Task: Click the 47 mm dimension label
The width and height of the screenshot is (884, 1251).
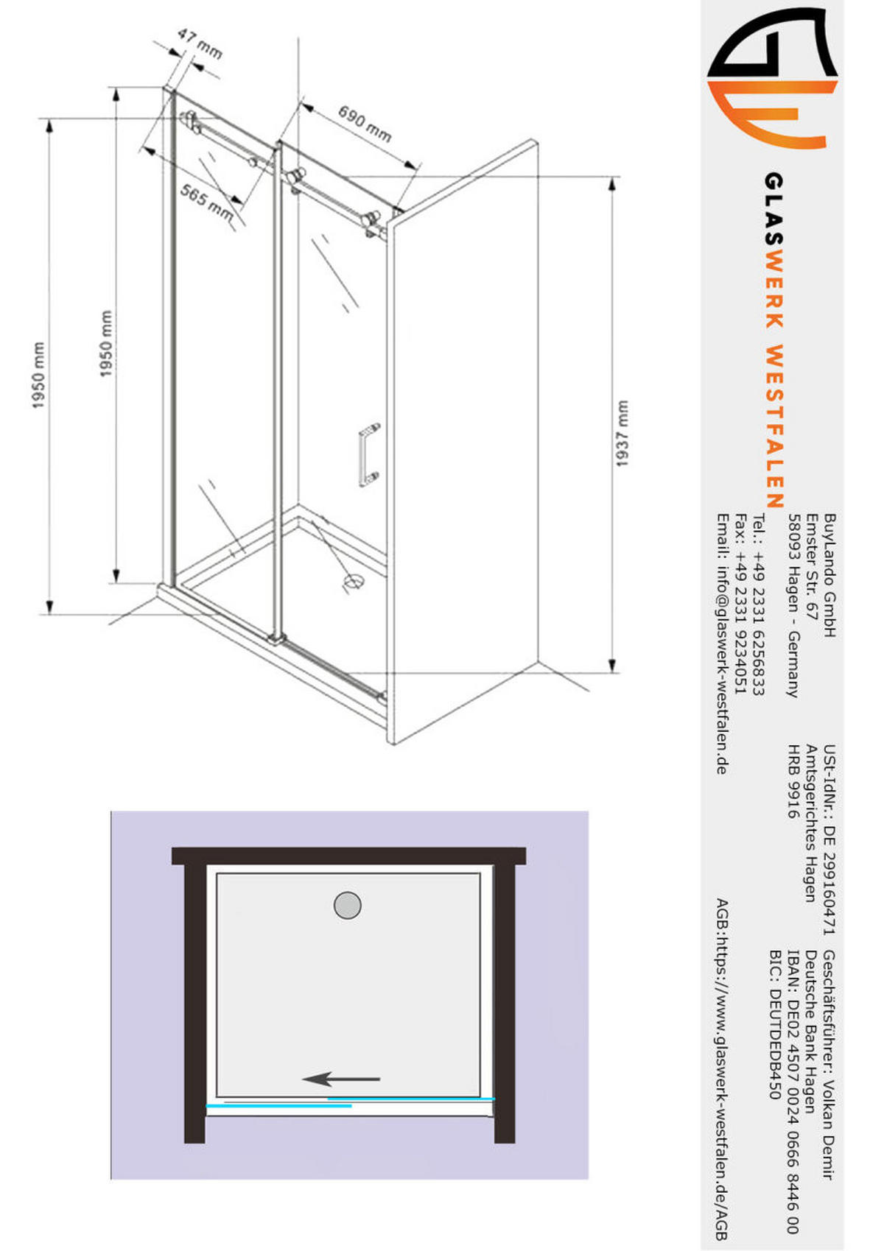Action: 200,44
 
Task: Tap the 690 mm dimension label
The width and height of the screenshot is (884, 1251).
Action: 365,124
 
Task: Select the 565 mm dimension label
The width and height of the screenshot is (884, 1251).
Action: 206,202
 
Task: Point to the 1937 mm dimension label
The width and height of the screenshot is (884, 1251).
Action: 621,434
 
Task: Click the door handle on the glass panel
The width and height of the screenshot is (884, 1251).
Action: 369,454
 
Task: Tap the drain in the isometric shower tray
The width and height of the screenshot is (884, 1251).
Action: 353,582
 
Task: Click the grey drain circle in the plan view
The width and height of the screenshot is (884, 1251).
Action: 347,905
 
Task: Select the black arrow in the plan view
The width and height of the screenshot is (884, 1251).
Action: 340,1079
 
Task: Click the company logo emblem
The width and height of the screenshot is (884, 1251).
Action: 773,77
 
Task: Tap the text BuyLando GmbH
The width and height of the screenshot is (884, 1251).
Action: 829,576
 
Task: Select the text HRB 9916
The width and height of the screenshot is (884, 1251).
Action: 793,781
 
